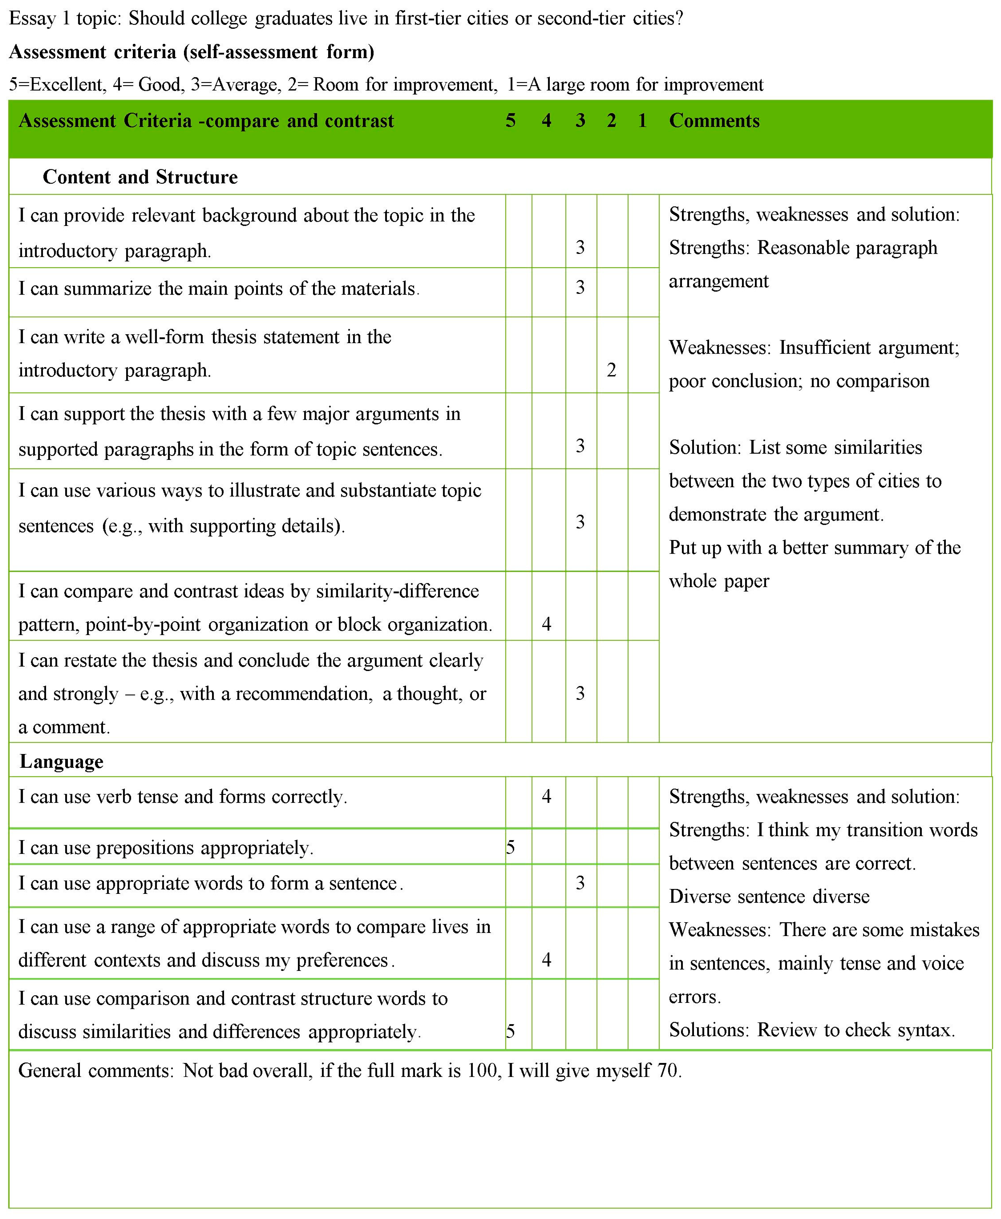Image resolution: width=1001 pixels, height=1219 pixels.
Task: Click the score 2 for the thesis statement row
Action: click(x=611, y=370)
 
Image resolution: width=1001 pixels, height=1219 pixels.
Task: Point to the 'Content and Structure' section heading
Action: click(x=140, y=177)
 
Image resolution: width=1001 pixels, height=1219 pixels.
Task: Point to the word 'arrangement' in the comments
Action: click(x=718, y=281)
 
